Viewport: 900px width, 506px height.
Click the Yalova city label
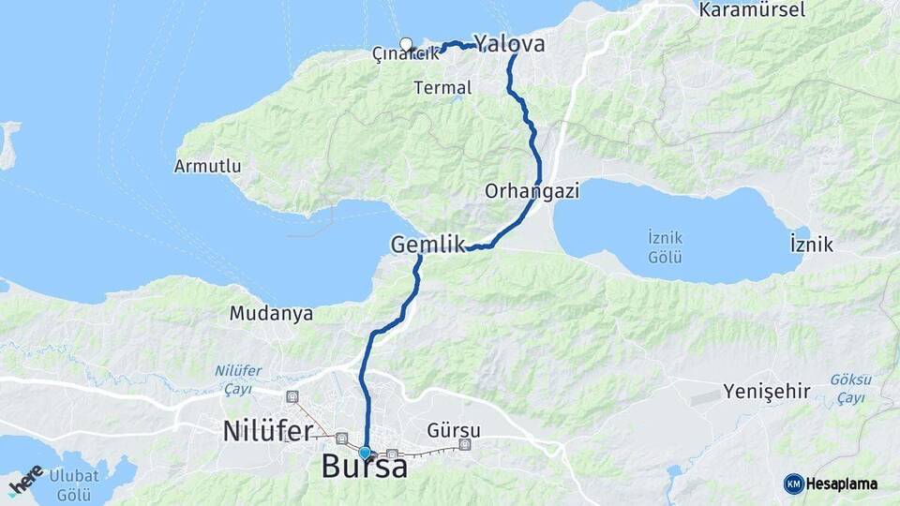(509, 43)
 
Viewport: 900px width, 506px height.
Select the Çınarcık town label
(405, 54)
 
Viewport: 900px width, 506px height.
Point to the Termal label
(442, 87)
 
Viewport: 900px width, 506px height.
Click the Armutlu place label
(207, 166)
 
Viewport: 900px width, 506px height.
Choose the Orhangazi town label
(532, 191)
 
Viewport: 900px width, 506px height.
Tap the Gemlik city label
(427, 245)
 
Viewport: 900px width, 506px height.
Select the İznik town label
(811, 245)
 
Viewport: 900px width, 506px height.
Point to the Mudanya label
(271, 314)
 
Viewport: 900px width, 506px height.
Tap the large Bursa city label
(365, 467)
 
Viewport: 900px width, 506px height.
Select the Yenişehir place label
(767, 391)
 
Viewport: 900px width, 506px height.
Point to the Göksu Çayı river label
(851, 388)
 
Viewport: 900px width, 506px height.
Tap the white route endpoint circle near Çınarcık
(406, 43)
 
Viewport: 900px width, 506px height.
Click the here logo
(25, 480)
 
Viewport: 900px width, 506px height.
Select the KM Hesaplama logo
(831, 484)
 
